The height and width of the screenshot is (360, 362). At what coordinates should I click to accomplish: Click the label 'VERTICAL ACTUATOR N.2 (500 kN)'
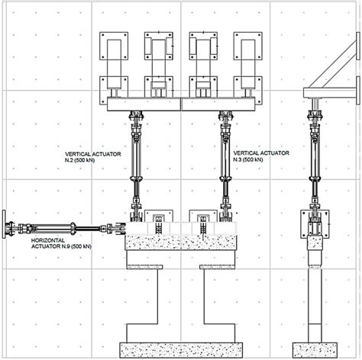(92, 157)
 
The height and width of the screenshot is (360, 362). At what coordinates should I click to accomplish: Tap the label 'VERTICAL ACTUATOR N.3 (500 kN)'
(261, 156)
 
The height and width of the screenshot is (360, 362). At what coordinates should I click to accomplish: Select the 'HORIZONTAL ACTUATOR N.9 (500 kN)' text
(61, 243)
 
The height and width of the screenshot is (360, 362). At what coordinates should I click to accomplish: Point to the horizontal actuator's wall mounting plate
(4, 224)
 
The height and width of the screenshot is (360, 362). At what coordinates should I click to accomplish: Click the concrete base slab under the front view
(181, 350)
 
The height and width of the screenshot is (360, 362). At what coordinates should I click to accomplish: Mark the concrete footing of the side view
(315, 350)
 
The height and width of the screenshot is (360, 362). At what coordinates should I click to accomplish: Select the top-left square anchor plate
(114, 46)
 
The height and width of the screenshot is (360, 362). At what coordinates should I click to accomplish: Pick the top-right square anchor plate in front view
(248, 46)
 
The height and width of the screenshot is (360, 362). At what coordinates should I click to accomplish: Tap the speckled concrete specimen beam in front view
(181, 242)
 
